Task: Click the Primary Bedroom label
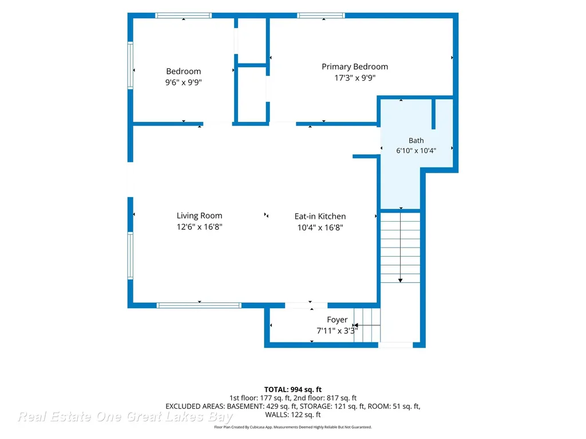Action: [355, 67]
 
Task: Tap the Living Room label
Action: [199, 215]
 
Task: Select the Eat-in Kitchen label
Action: [320, 217]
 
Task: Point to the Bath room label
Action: [416, 141]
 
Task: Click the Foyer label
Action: [337, 320]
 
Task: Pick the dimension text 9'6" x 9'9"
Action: [184, 82]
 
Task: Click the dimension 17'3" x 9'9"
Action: [355, 78]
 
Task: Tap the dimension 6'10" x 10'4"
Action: [416, 150]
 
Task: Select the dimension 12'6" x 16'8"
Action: [199, 226]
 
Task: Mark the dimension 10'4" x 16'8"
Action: [320, 228]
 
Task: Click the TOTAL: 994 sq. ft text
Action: [293, 390]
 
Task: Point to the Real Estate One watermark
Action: [125, 417]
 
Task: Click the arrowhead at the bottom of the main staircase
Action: [400, 280]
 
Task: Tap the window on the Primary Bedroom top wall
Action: [321, 15]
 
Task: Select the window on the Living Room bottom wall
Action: [199, 305]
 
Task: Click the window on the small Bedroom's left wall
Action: [130, 65]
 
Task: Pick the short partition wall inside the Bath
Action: [434, 114]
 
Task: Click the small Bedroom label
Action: [184, 71]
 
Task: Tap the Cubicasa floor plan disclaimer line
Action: [293, 427]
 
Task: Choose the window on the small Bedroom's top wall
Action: [184, 15]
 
